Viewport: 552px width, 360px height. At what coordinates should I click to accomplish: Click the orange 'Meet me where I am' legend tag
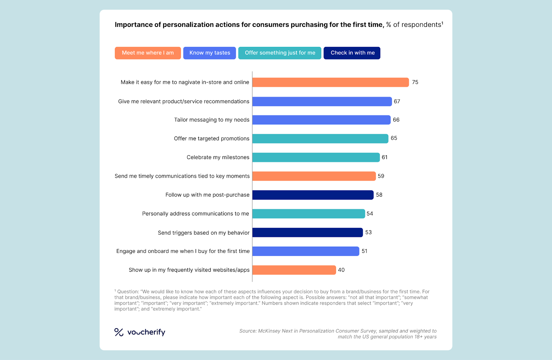click(x=148, y=53)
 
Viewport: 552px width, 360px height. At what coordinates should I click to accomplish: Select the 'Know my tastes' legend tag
click(x=209, y=53)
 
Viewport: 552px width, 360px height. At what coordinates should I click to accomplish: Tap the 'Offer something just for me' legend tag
click(x=280, y=53)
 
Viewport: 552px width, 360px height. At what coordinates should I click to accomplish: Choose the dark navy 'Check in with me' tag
click(x=352, y=53)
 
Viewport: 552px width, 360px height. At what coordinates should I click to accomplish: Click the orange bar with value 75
click(x=331, y=82)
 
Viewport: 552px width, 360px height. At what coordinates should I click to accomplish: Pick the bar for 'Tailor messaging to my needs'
click(x=321, y=120)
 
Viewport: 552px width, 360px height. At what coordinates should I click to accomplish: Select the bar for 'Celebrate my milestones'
click(x=316, y=158)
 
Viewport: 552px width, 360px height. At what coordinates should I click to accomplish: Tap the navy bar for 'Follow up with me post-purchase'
click(x=313, y=195)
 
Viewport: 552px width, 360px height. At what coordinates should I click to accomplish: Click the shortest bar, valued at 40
click(x=294, y=270)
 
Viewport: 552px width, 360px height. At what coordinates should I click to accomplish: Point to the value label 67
click(x=397, y=101)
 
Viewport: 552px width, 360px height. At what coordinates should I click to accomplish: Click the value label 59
click(x=381, y=176)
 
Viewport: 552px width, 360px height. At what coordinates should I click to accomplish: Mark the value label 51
click(x=364, y=251)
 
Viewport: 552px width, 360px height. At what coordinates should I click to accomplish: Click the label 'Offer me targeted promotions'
click(x=211, y=139)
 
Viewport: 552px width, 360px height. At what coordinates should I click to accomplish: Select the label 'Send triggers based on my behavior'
click(x=204, y=233)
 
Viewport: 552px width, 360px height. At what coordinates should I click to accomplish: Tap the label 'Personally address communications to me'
click(x=195, y=214)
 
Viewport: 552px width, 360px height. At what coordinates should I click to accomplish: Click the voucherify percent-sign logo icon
click(x=119, y=332)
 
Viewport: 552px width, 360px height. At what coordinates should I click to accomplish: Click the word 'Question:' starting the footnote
click(x=128, y=292)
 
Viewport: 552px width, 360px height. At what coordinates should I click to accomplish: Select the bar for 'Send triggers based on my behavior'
click(x=307, y=232)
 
